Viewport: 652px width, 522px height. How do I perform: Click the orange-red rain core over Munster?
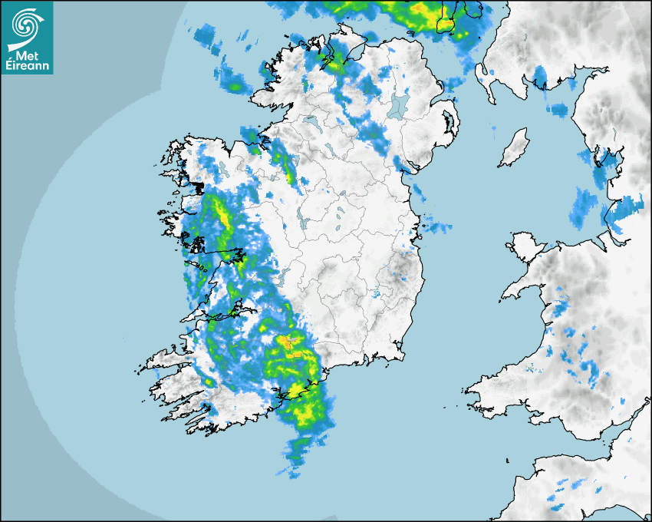tap(289, 341)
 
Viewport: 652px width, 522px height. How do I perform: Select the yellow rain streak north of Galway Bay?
tap(225, 215)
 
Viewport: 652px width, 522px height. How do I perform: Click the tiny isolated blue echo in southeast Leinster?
tap(376, 294)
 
